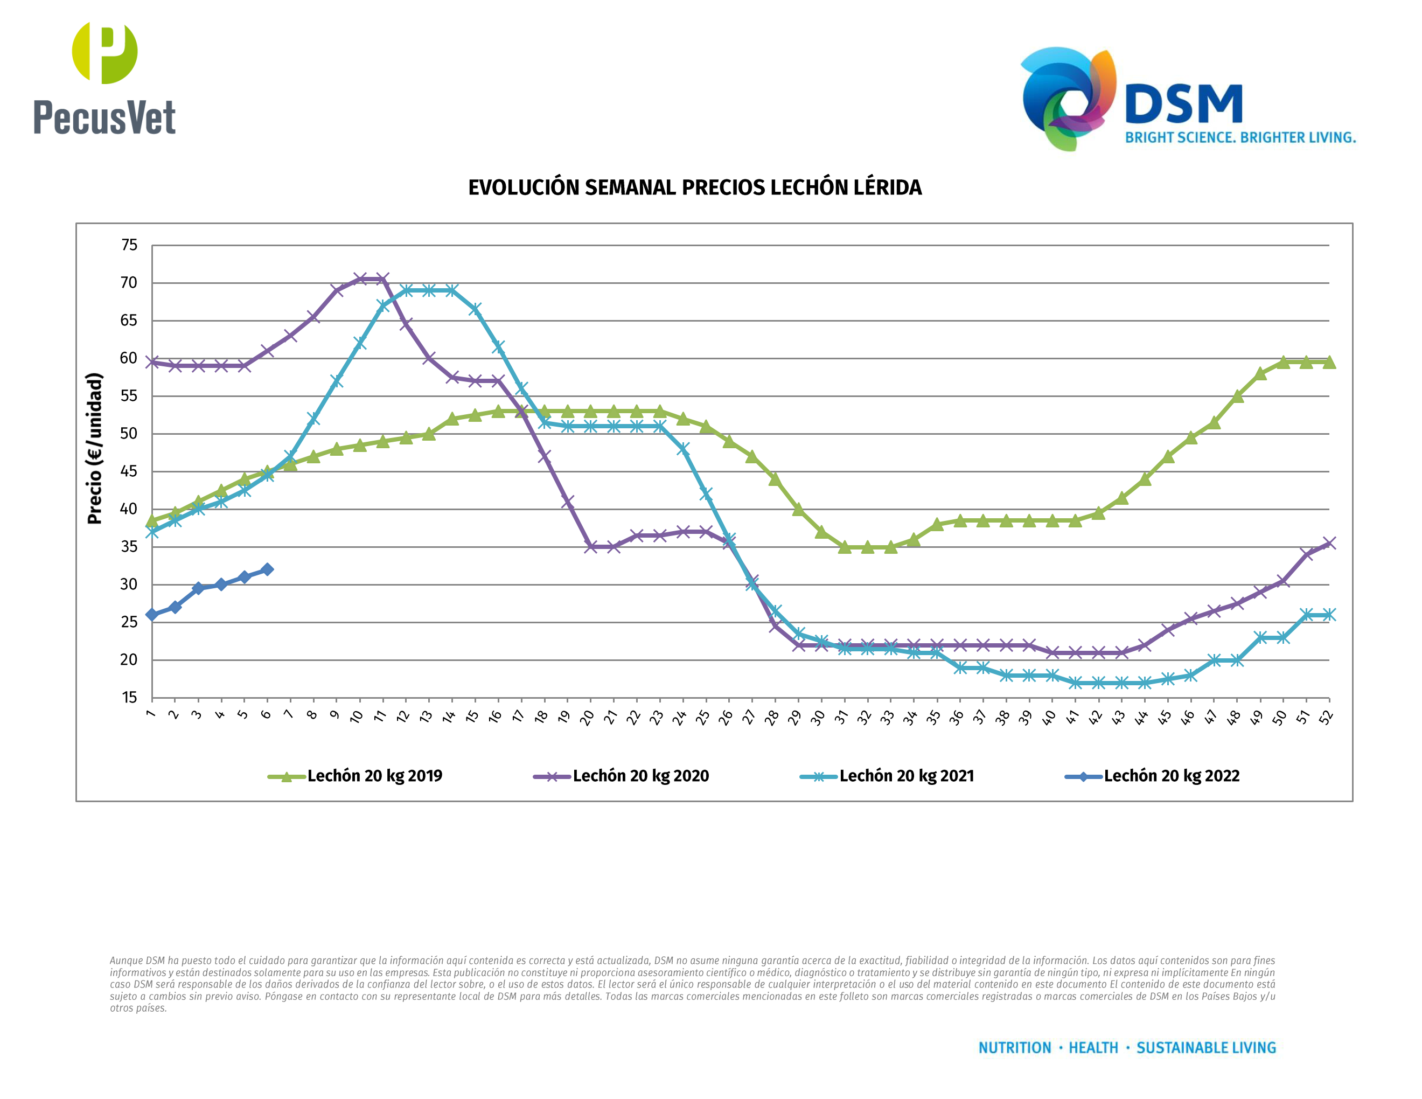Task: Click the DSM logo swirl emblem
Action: [x=1068, y=98]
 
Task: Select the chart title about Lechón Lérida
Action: [x=695, y=187]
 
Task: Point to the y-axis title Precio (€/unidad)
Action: [x=95, y=449]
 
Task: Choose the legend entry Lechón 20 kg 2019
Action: [x=374, y=776]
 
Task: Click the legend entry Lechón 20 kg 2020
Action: [x=640, y=776]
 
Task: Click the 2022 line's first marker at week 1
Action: [x=152, y=615]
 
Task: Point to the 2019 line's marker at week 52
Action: [x=1329, y=363]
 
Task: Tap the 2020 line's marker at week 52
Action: [x=1329, y=543]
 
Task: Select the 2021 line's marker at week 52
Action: [x=1329, y=615]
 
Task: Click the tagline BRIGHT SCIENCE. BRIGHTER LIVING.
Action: [x=1240, y=138]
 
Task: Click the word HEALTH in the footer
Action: [x=1093, y=1048]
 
